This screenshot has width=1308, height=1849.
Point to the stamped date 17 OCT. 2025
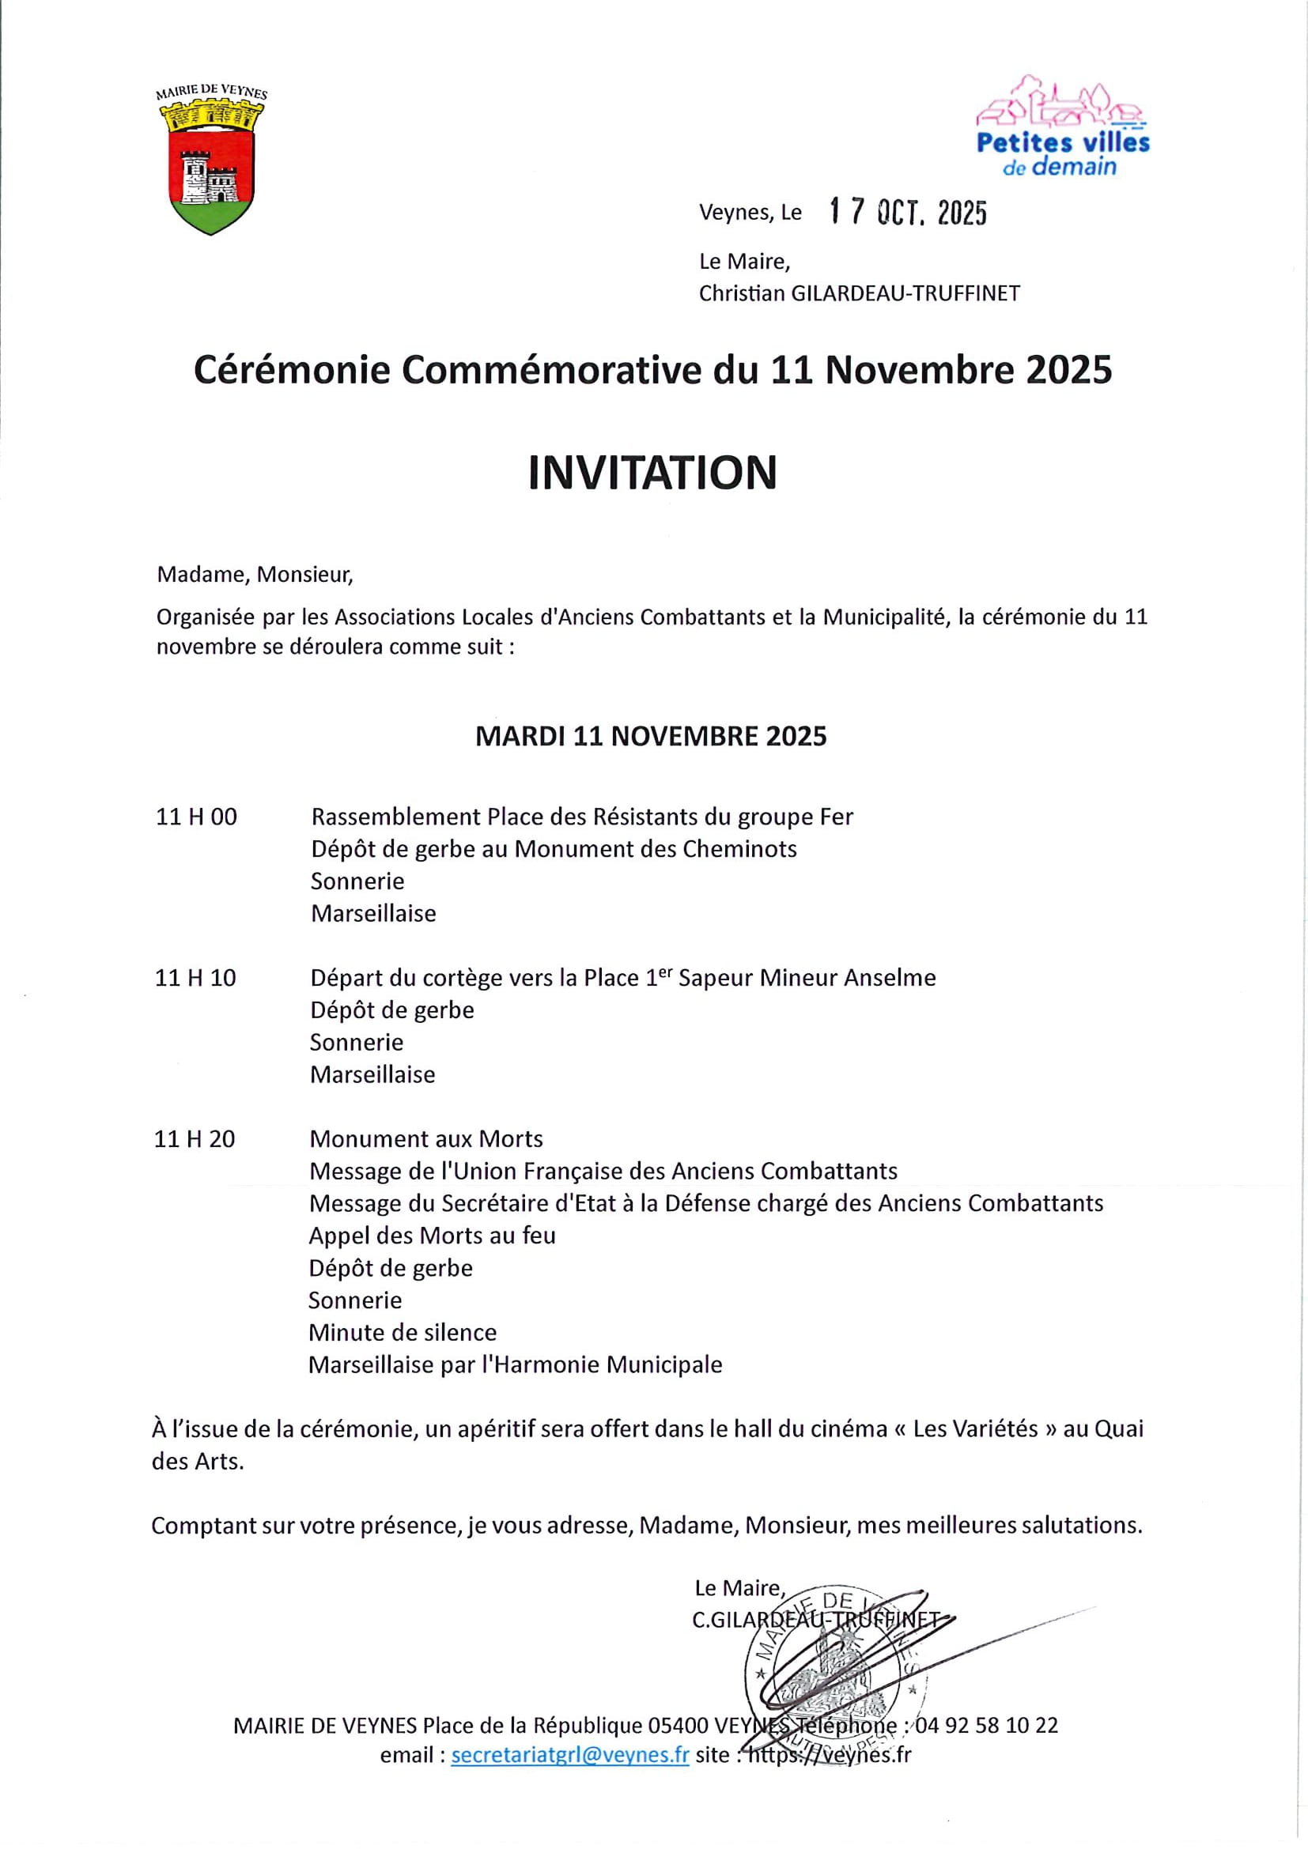point(908,212)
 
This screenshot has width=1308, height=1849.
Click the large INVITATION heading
point(652,473)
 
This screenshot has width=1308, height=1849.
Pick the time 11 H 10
point(195,979)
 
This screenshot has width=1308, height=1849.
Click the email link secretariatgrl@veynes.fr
point(569,1756)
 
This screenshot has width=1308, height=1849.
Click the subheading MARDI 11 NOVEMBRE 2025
point(651,737)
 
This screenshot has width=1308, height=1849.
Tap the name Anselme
point(889,979)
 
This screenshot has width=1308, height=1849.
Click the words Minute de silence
point(403,1333)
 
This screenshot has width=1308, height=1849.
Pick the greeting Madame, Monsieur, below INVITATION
point(255,575)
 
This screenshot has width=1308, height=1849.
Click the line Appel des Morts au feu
point(433,1236)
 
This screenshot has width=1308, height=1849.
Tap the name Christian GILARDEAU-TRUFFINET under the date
point(859,294)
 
